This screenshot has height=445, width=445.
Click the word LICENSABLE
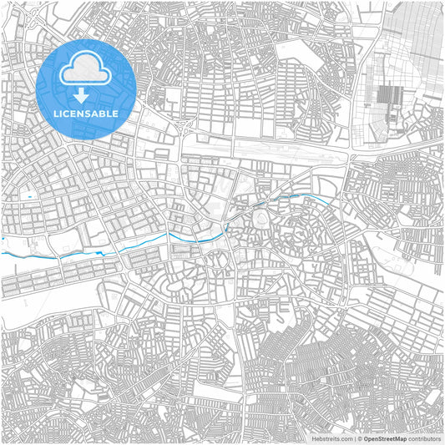pyautogui.click(x=85, y=113)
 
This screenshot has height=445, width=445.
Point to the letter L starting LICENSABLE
pyautogui.click(x=55, y=113)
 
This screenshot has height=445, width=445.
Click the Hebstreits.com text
pyautogui.click(x=331, y=437)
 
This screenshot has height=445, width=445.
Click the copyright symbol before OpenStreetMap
pyautogui.click(x=360, y=437)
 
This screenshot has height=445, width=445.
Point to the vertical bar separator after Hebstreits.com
pyautogui.click(x=353, y=437)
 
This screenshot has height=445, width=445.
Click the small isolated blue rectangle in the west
pyautogui.click(x=31, y=196)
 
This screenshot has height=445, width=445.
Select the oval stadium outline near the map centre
pyautogui.click(x=262, y=220)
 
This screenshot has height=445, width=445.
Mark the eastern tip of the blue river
pyautogui.click(x=325, y=200)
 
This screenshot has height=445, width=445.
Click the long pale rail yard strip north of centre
pyautogui.click(x=267, y=146)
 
